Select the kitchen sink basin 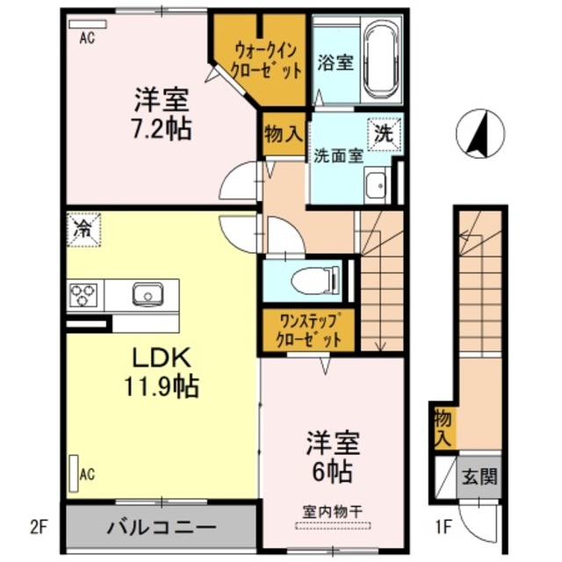(148, 294)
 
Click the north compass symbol (480, 133)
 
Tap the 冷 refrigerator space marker (83, 230)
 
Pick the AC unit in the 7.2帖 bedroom (88, 24)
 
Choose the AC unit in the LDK (74, 473)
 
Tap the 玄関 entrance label (479, 477)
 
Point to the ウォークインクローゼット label (265, 61)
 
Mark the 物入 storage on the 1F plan (443, 428)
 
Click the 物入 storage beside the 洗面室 (284, 134)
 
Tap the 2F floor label (38, 527)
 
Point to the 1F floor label (443, 527)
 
